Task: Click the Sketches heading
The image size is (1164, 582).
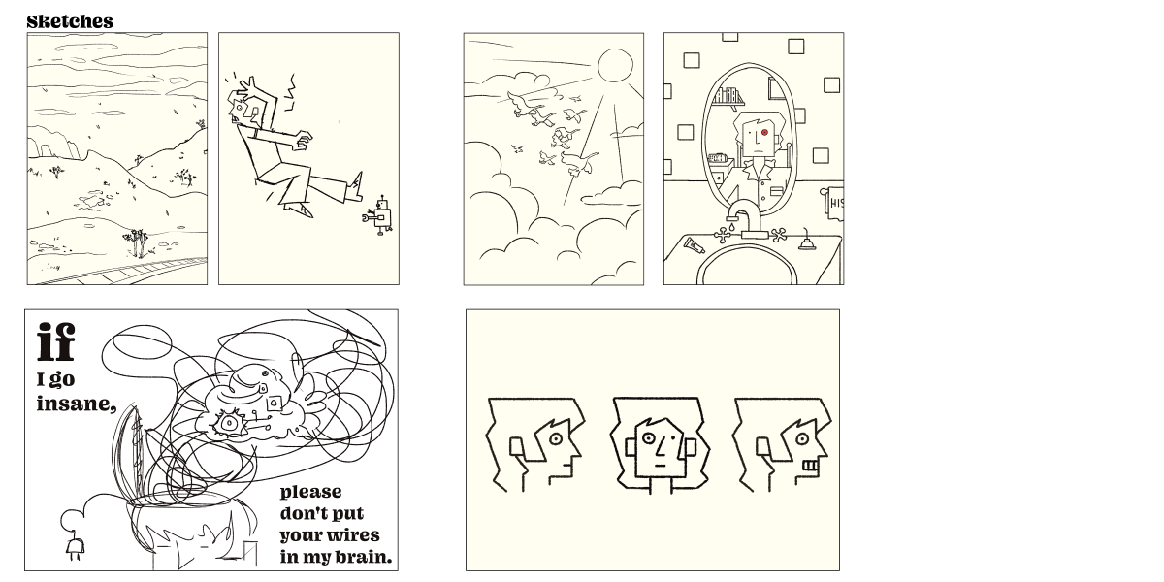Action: tap(70, 21)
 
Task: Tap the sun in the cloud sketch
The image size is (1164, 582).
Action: tap(615, 66)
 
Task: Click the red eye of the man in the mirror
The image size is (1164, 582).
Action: tap(764, 133)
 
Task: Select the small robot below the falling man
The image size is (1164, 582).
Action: tap(378, 216)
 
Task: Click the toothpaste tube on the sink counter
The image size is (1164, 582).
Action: tap(695, 245)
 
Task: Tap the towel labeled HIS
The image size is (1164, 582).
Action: tap(833, 203)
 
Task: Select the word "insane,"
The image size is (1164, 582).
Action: tap(76, 404)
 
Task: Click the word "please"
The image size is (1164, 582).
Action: tap(310, 493)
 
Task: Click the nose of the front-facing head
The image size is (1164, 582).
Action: tap(661, 445)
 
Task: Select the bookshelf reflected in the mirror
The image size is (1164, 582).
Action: tap(728, 98)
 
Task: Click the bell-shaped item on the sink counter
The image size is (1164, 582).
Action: tap(806, 242)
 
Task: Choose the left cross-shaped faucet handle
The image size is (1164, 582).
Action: tap(722, 236)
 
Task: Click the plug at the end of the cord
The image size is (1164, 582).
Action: tap(75, 547)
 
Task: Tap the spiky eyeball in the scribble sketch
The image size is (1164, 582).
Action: tap(228, 424)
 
